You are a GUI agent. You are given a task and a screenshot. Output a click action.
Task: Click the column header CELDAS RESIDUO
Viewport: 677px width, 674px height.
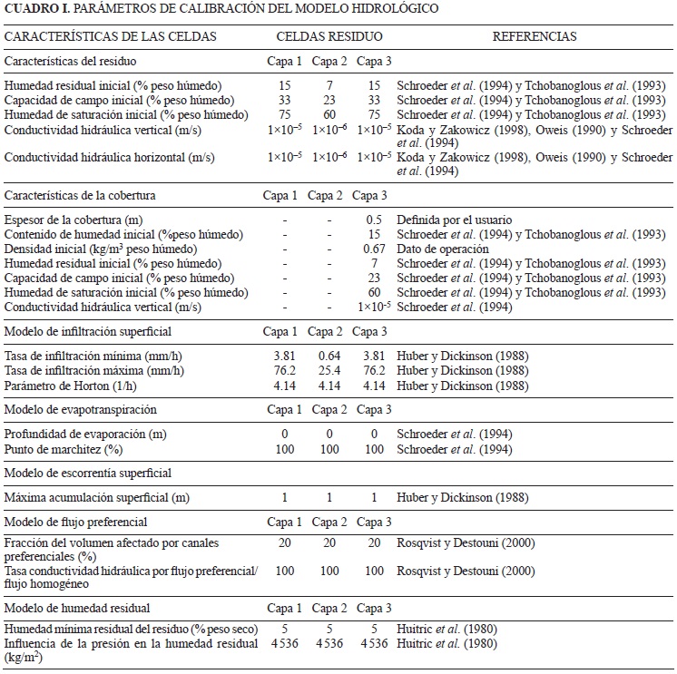[x=329, y=38]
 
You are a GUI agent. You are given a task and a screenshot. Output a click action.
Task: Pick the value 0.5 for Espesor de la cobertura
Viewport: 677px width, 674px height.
[x=373, y=220]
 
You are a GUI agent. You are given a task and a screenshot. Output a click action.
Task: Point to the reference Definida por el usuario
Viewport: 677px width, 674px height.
[x=455, y=220]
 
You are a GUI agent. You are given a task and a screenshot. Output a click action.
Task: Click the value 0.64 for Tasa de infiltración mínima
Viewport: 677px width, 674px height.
[x=329, y=356]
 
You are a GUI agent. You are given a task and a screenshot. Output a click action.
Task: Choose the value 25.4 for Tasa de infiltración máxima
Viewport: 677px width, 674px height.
[x=329, y=370]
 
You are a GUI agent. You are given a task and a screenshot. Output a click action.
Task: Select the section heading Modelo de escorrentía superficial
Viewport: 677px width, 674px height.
[x=88, y=474]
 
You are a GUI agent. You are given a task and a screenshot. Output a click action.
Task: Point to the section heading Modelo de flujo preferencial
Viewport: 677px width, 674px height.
[x=76, y=522]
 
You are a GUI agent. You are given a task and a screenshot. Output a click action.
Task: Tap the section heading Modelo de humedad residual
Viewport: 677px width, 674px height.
[x=77, y=607]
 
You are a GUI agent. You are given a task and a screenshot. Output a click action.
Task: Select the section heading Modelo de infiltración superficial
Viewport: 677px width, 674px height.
[x=88, y=332]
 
